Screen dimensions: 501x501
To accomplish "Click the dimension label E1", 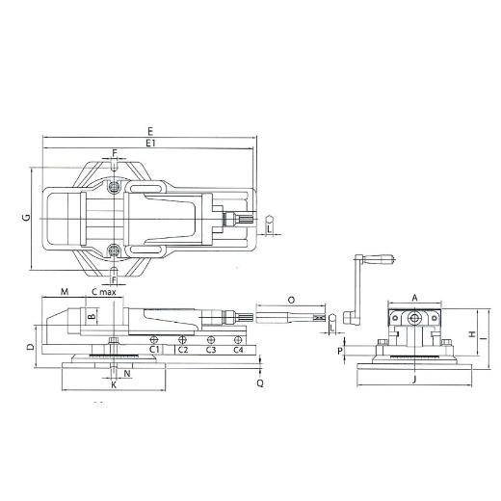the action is pos(150,143).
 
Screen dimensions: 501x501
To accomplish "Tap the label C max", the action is pos(104,292).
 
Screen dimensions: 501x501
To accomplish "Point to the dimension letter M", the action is pos(65,292).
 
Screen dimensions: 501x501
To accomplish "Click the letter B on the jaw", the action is pos(92,316).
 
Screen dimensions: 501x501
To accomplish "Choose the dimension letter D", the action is pos(31,347).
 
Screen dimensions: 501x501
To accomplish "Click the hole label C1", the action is pos(154,350).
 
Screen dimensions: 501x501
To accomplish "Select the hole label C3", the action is pos(211,350).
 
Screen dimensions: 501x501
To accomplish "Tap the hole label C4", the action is pos(238,350).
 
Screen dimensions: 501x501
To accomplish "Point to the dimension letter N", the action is pos(127,374).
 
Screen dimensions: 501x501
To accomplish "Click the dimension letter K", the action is pos(114,385).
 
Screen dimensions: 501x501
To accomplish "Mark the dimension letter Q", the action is pos(260,382).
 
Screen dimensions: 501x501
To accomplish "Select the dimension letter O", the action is pos(291,301).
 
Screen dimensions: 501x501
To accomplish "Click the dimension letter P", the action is pos(340,352).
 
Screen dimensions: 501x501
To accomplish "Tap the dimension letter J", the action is pos(414,380).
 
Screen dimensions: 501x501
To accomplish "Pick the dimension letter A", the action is pos(414,298).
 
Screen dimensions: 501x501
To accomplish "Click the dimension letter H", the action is pos(472,334).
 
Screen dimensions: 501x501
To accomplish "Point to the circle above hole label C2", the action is pos(182,339).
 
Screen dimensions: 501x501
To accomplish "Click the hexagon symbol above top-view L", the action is pos(269,220).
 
